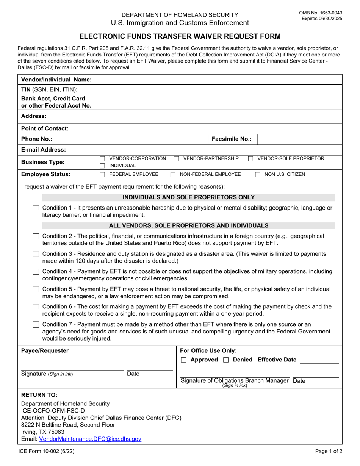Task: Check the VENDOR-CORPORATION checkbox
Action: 102,159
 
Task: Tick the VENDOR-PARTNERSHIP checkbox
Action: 177,159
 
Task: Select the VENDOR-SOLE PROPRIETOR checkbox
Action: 251,159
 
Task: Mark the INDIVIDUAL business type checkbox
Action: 102,166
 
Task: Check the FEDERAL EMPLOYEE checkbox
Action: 102,175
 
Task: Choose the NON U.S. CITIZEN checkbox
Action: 258,175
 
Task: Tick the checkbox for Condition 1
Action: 36,208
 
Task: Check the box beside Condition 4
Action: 36,272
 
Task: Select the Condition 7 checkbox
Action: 36,325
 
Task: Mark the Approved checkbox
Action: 184,360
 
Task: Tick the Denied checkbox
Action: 226,360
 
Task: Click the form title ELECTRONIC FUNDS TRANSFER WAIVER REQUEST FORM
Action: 180,37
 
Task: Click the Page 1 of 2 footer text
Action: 329,451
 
